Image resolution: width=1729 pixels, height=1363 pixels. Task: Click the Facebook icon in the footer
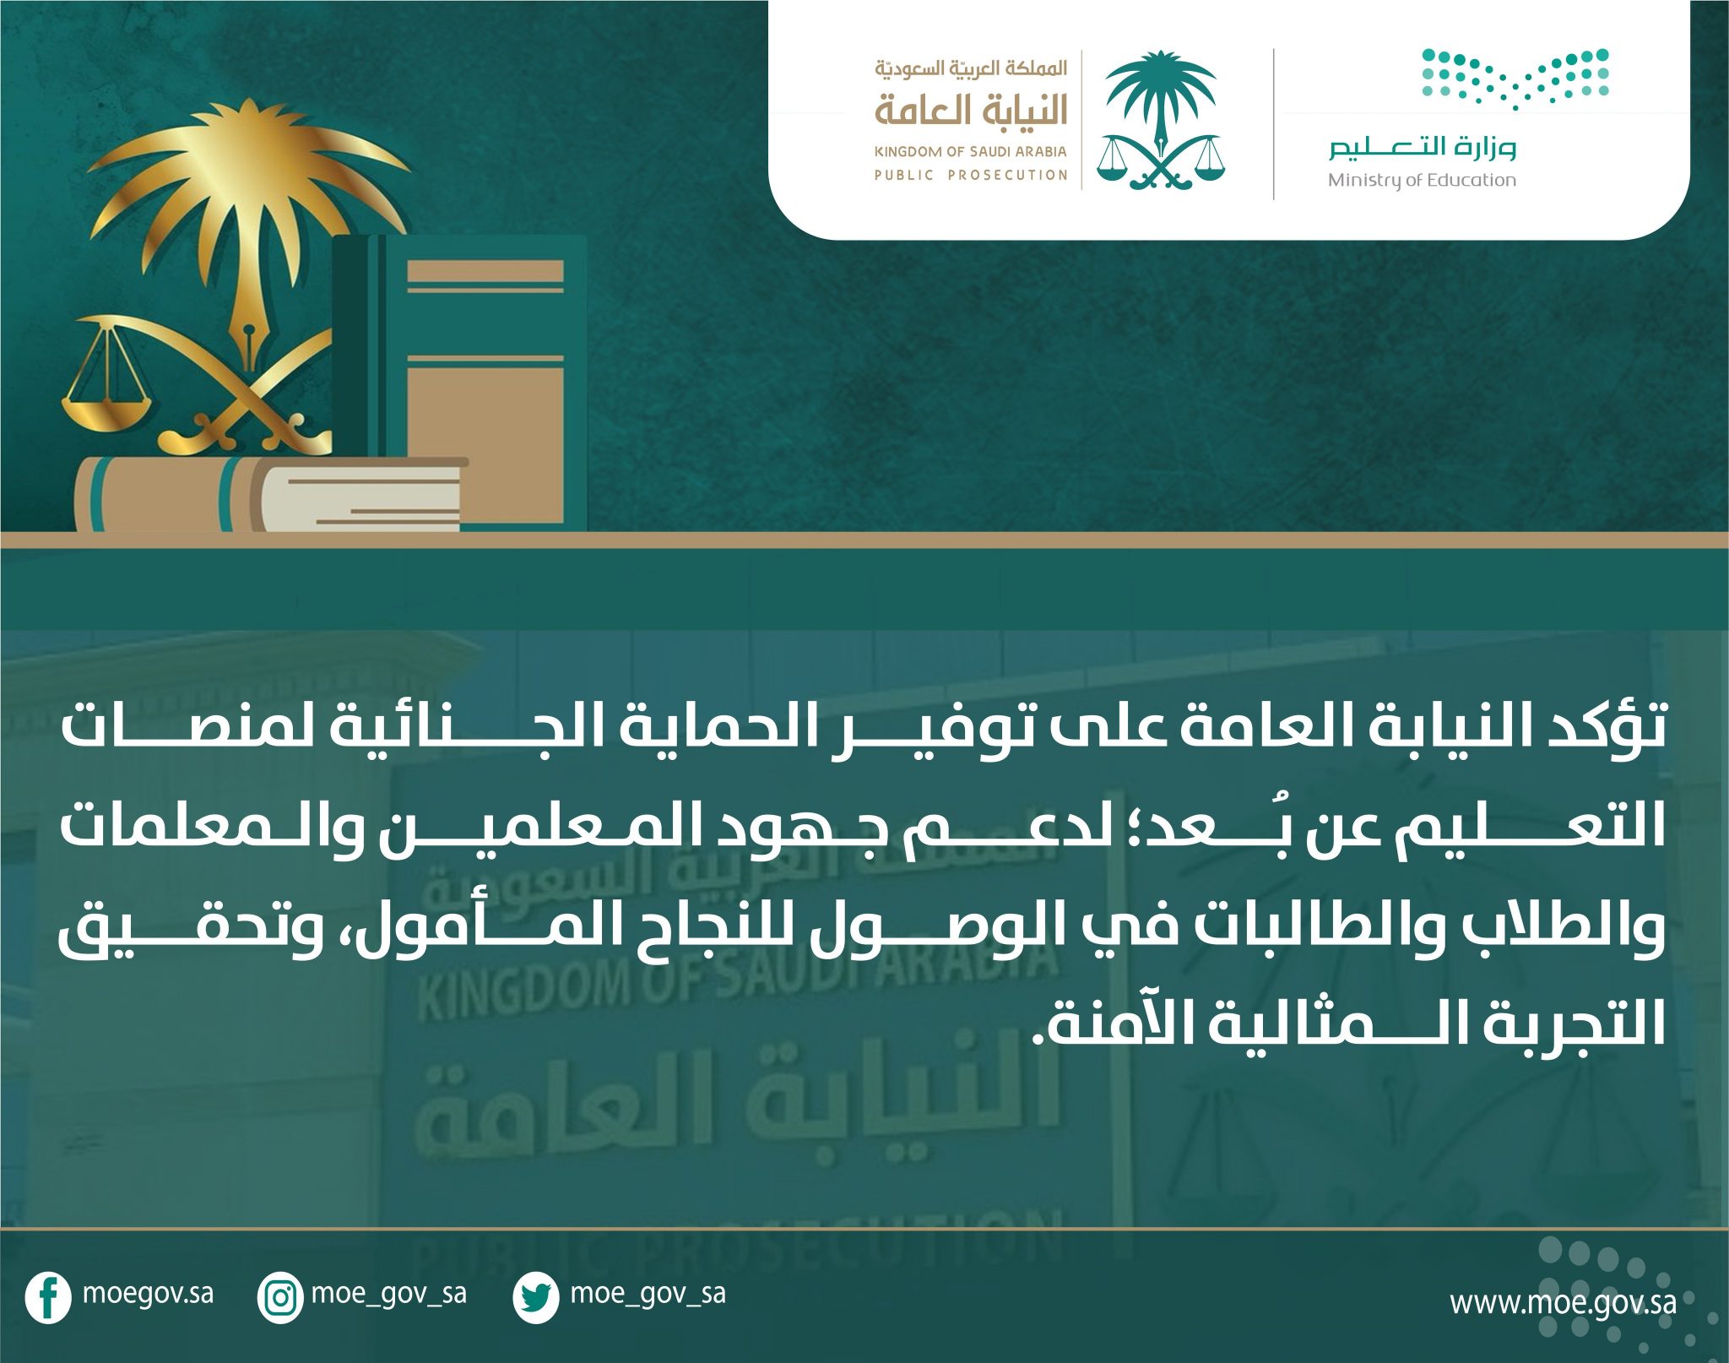click(48, 1298)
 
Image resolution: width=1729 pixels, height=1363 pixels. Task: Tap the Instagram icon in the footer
click(279, 1298)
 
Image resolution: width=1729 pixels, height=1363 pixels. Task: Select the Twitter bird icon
click(535, 1298)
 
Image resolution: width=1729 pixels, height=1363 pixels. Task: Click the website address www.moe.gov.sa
click(1563, 1301)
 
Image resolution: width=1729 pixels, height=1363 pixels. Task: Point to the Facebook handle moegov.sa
click(148, 1294)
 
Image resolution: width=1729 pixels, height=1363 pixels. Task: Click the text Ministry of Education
click(1422, 181)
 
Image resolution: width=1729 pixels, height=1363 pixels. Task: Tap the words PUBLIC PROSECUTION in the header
click(971, 176)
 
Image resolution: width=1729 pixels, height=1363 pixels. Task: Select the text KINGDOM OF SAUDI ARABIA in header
click(971, 152)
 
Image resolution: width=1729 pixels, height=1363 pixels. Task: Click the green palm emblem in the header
click(1161, 119)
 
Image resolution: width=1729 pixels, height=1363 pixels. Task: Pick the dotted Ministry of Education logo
click(1515, 79)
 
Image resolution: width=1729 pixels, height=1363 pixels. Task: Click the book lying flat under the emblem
click(270, 494)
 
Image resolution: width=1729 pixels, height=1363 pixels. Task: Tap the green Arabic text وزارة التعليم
click(1423, 149)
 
